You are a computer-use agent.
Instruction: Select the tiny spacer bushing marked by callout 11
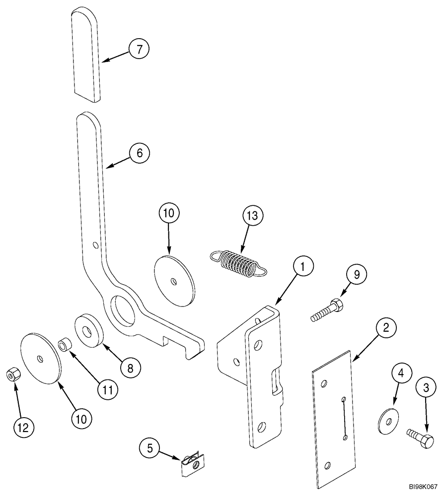pyautogui.click(x=64, y=344)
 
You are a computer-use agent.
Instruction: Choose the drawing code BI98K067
pyautogui.click(x=423, y=488)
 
